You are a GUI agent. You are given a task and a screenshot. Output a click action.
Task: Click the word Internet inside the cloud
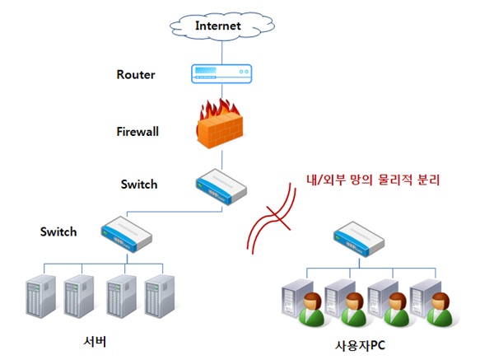click(218, 26)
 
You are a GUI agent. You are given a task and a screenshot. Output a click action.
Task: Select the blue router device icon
click(221, 74)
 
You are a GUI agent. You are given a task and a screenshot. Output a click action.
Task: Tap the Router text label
click(136, 75)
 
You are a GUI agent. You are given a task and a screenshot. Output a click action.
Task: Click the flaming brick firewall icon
click(220, 124)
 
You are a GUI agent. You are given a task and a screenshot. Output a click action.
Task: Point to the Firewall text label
click(137, 132)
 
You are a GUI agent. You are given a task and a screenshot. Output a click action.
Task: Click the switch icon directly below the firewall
click(221, 186)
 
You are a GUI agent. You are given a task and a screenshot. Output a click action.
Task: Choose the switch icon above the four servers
click(127, 234)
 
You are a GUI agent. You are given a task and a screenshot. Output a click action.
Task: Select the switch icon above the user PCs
click(359, 239)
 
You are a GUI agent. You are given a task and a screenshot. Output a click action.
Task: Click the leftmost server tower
click(41, 296)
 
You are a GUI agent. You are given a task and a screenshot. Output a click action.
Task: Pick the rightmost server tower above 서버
click(160, 296)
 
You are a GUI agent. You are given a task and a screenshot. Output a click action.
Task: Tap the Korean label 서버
click(95, 341)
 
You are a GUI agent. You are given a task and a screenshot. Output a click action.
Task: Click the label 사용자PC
click(361, 346)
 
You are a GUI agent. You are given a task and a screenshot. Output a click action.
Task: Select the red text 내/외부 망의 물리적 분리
click(373, 180)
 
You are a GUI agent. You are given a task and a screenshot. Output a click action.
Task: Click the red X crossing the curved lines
click(278, 217)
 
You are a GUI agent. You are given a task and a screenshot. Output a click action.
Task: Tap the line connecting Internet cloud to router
click(222, 53)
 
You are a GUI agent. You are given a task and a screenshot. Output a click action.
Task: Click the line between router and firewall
click(222, 91)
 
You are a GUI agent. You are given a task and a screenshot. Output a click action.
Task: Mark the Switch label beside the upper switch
click(139, 185)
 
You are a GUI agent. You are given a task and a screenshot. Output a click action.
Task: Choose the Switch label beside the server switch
click(58, 232)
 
